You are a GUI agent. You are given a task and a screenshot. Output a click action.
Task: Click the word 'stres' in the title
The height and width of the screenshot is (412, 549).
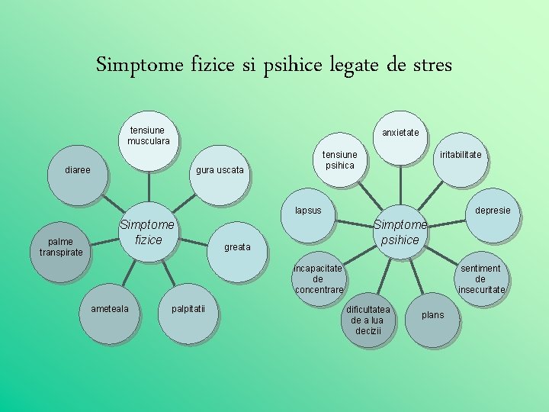click(x=433, y=65)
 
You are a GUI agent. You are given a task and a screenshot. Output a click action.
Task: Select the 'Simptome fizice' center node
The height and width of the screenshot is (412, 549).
click(x=148, y=232)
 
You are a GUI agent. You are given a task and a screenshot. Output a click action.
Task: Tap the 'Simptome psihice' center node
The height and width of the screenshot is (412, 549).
click(x=400, y=232)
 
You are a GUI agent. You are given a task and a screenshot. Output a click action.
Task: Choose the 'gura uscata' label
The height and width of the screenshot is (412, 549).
click(x=220, y=169)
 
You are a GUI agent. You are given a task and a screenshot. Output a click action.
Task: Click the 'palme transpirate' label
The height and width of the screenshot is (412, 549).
click(x=61, y=247)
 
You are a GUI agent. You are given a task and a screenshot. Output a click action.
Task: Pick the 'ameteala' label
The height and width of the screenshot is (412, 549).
click(x=110, y=308)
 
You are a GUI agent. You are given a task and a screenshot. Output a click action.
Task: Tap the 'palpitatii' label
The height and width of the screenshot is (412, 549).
click(x=181, y=308)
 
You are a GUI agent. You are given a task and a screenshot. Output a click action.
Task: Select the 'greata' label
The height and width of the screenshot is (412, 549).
click(x=237, y=247)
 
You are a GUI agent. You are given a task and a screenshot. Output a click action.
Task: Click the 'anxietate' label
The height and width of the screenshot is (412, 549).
click(x=400, y=133)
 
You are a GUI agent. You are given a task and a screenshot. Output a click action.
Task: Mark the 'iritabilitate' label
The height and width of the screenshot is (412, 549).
click(x=461, y=155)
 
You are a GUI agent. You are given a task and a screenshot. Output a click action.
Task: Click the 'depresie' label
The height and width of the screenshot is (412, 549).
click(x=493, y=210)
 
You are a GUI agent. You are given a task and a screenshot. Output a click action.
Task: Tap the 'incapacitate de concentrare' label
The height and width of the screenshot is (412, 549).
click(x=319, y=279)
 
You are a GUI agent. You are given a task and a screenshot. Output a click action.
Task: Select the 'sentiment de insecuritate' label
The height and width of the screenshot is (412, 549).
click(x=480, y=279)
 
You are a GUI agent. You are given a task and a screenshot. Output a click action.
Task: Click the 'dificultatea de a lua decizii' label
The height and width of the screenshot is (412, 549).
click(x=368, y=320)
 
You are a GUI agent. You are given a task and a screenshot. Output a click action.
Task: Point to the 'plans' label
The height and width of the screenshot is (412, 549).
click(x=432, y=315)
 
